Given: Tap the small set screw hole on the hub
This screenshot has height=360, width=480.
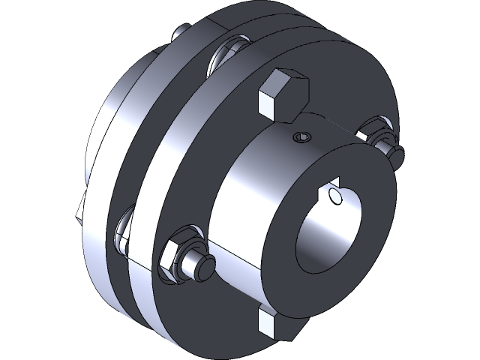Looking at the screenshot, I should point(302,137).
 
